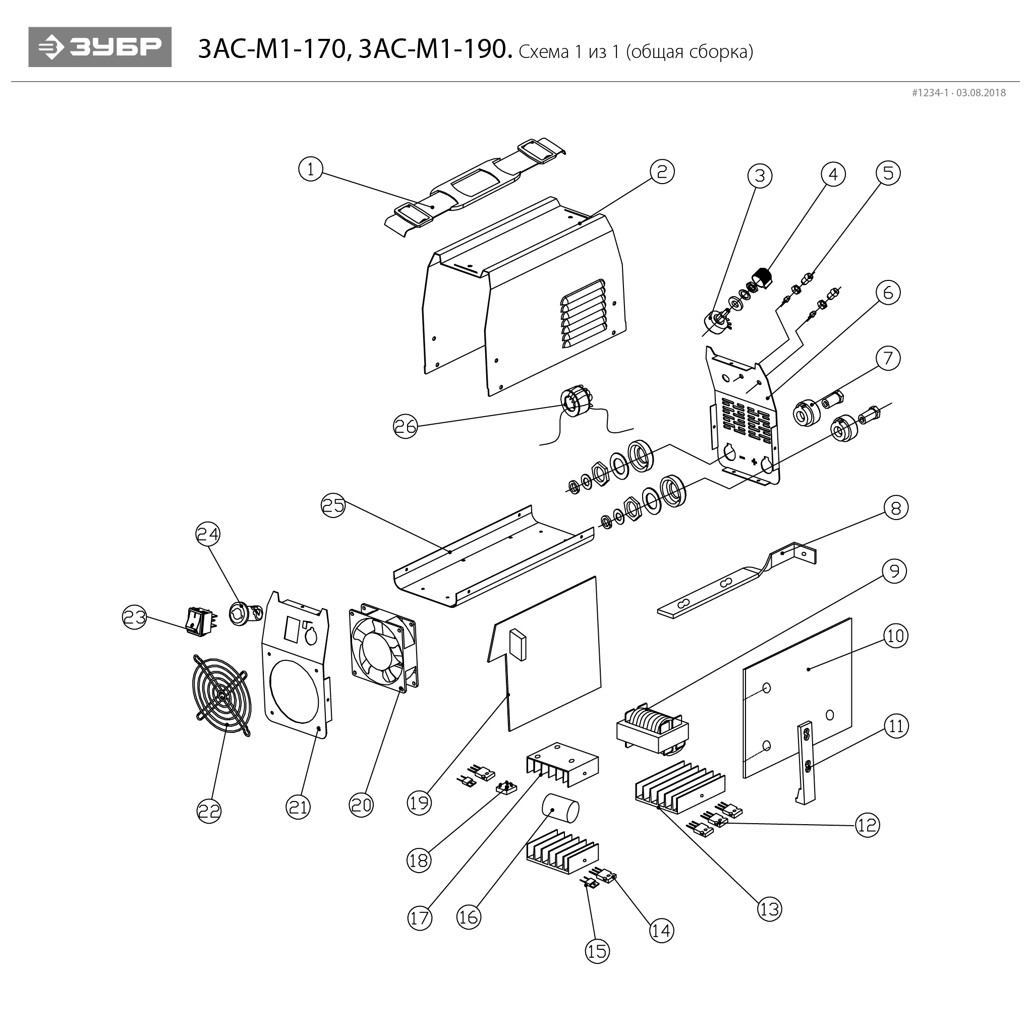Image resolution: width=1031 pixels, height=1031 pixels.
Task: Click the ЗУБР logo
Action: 100,47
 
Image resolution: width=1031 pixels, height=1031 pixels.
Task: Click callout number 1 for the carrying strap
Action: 311,169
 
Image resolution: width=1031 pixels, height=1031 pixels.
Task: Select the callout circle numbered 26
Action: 405,427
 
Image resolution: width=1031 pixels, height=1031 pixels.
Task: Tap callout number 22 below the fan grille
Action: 209,812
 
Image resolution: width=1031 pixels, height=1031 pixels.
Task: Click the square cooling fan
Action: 383,646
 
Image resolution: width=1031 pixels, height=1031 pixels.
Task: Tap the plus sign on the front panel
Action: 754,462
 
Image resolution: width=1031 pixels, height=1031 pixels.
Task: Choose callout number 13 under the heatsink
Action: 769,909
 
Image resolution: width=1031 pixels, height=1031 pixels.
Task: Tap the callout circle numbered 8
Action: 895,507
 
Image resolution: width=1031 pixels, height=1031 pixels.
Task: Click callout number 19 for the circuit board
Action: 419,803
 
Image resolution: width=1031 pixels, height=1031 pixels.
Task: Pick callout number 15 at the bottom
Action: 597,951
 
